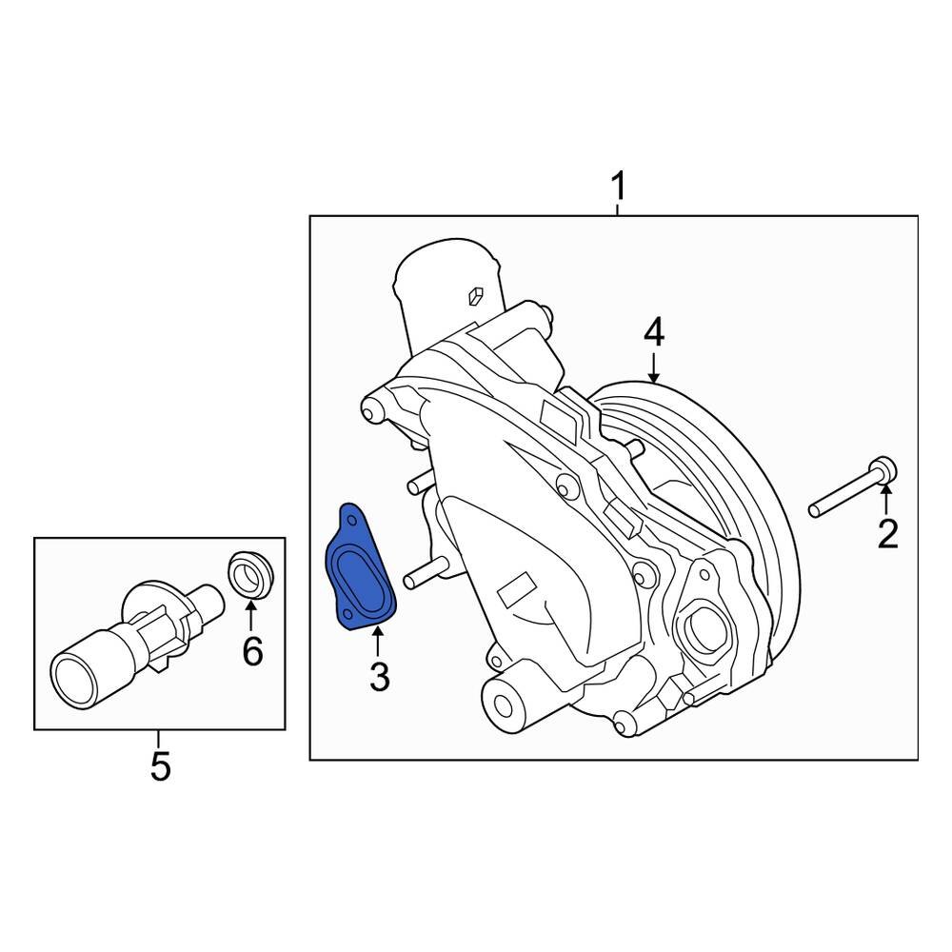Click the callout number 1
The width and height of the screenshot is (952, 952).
(x=619, y=187)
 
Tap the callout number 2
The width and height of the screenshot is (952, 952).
(x=887, y=534)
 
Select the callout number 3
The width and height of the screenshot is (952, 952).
(x=379, y=677)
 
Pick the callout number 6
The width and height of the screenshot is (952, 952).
(x=251, y=651)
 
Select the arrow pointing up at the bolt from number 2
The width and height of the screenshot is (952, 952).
(x=886, y=501)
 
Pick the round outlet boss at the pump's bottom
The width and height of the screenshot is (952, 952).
(x=505, y=704)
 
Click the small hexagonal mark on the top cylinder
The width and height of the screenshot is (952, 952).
(x=477, y=297)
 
